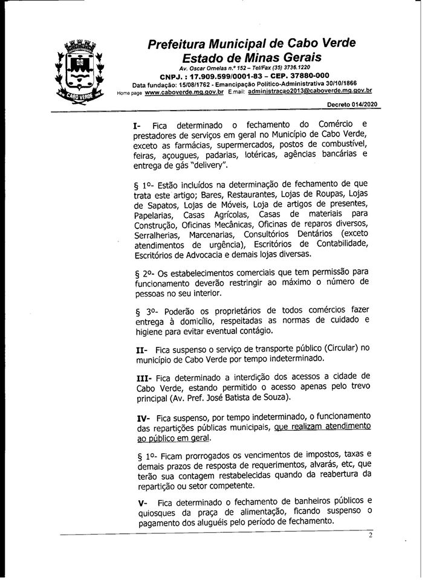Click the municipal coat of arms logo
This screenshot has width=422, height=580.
click(x=78, y=71)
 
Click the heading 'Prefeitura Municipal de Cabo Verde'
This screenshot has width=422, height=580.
click(x=252, y=44)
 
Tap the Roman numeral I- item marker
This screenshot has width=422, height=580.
click(x=137, y=124)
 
